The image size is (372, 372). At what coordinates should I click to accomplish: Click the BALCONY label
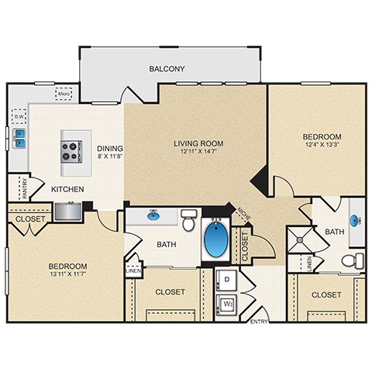click(x=167, y=69)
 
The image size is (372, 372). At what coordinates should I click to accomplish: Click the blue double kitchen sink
click(x=19, y=138)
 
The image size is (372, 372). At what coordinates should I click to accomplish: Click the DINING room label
click(x=109, y=149)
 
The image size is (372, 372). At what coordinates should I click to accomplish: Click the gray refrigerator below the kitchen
click(x=68, y=211)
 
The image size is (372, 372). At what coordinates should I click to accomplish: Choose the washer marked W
click(x=228, y=305)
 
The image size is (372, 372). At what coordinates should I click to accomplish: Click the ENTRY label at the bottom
click(x=259, y=320)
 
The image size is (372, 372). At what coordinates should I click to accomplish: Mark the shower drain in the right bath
click(x=298, y=240)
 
